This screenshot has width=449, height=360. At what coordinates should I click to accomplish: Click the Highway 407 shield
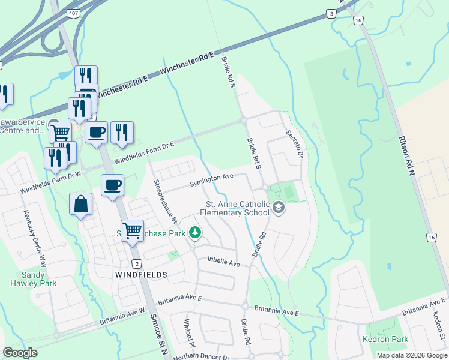pos(72,14)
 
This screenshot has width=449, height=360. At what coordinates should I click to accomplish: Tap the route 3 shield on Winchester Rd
pos(331,14)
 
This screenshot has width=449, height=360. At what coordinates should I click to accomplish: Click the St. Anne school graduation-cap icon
pos(278,208)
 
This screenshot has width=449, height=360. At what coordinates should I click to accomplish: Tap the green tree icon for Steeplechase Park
pos(194,232)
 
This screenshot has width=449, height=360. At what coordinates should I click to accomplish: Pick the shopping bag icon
pos(81,204)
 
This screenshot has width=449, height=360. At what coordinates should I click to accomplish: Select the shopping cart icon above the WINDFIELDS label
pos(132,229)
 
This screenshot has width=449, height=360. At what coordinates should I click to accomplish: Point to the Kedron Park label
pos(385,340)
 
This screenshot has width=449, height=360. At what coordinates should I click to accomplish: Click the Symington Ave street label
pos(212,178)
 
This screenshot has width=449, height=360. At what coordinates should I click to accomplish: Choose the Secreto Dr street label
pos(293,144)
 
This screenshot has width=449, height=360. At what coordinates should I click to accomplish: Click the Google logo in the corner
pos(20,353)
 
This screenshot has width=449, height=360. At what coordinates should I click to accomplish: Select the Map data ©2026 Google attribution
pos(411,355)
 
